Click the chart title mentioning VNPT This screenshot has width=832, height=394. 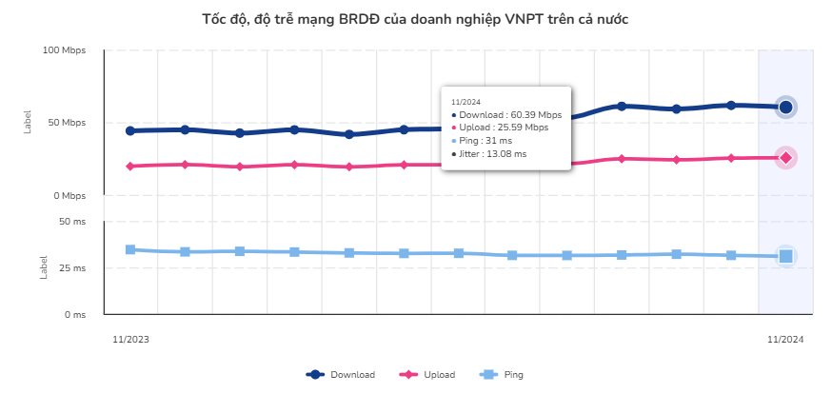[416, 19]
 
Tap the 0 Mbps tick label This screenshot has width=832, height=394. [69, 196]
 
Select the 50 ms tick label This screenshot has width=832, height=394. [72, 222]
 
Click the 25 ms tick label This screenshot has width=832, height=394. [72, 268]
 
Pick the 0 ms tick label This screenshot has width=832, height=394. [74, 314]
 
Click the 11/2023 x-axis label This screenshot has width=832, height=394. [130, 338]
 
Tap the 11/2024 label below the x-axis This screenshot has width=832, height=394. [786, 338]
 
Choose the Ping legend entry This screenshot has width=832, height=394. [504, 374]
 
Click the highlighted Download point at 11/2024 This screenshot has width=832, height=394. [785, 108]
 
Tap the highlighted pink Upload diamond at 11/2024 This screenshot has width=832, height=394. [785, 157]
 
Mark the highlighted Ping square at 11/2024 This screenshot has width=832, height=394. [785, 256]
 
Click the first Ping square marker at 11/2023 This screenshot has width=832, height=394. [130, 249]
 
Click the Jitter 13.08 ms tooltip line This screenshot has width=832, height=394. [491, 152]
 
